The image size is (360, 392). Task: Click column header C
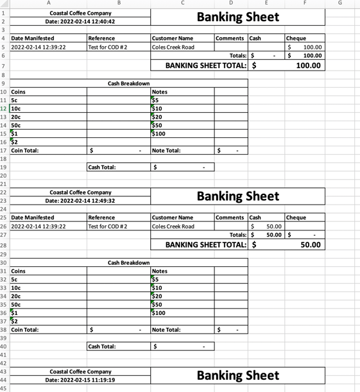pos(182,3)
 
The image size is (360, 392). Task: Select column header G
pos(339,3)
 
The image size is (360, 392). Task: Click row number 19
pos(4,167)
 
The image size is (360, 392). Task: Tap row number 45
pos(4,388)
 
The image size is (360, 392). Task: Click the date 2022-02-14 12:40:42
pos(80,21)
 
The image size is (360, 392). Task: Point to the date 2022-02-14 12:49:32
pos(80,201)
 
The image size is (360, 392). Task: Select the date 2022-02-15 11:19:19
pos(80,380)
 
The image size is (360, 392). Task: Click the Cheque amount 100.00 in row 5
pos(312,47)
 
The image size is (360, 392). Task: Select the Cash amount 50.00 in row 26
pos(274,226)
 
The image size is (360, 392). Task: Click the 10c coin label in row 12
pos(16,108)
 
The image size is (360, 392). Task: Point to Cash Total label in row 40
pos(102,346)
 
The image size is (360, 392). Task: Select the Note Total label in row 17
pos(166,151)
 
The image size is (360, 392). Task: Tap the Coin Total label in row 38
pos(25,330)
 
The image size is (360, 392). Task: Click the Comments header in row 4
pos(230,38)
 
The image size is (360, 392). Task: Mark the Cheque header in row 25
pos(296,217)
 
